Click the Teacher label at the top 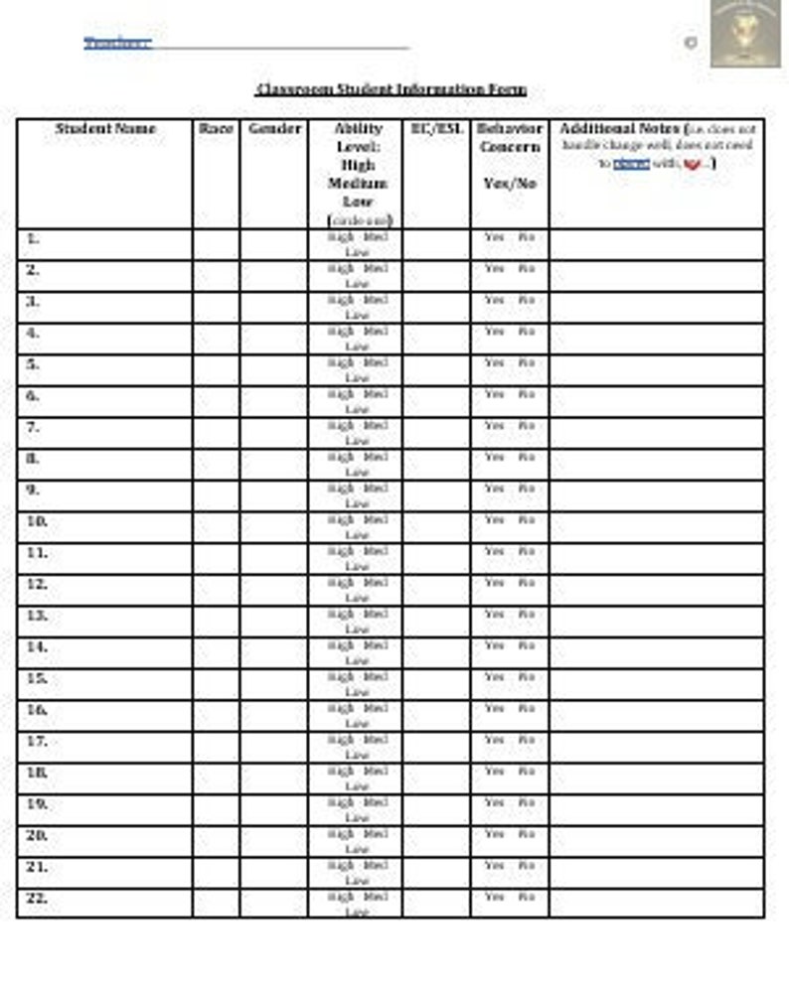point(117,43)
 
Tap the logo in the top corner point(744,33)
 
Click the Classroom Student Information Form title point(391,89)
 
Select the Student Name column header point(105,129)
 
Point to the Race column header point(216,129)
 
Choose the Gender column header point(274,129)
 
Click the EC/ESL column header point(436,129)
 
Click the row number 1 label point(33,238)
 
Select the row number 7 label point(33,427)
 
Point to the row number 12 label point(36,584)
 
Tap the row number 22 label point(36,899)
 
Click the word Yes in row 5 point(494,363)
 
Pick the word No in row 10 point(527,520)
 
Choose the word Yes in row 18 point(494,772)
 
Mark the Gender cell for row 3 point(274,308)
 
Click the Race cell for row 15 point(216,684)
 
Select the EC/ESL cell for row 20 point(436,841)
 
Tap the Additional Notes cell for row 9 point(657,495)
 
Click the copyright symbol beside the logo point(691,43)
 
